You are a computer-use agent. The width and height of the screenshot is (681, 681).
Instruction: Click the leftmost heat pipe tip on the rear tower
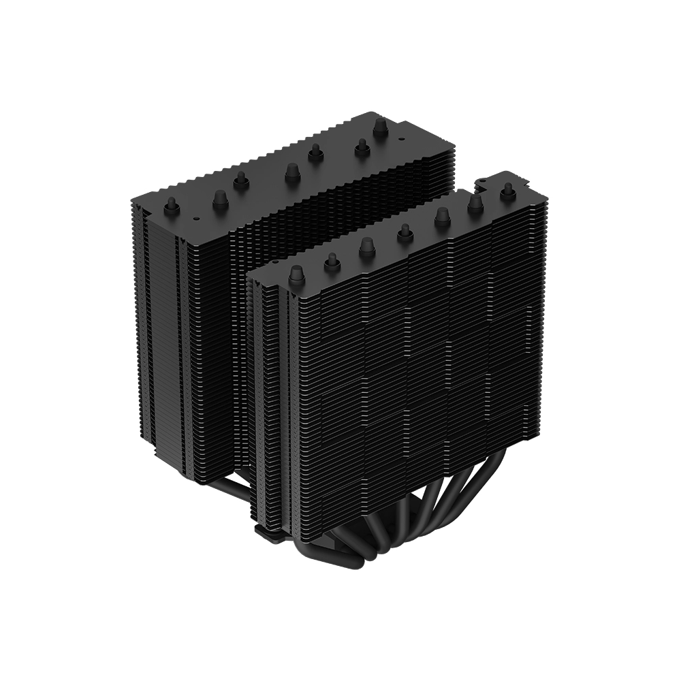tap(172, 206)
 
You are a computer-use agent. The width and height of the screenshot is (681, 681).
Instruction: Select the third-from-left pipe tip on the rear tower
tap(240, 180)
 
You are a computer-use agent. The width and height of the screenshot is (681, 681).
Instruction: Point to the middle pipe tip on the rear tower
tap(292, 172)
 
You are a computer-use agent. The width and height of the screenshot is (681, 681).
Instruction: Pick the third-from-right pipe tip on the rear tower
tap(315, 154)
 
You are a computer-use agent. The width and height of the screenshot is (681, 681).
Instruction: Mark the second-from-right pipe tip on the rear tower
tap(362, 146)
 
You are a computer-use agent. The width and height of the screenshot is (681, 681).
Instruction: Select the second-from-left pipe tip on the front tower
tap(332, 262)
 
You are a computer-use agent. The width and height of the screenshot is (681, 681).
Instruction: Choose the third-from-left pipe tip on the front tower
tap(367, 247)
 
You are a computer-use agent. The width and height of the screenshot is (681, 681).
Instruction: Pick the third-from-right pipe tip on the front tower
tap(441, 217)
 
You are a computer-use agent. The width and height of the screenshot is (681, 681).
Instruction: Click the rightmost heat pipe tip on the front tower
tap(507, 192)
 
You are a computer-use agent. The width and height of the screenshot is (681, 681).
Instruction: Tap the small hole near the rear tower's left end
tap(195, 219)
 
